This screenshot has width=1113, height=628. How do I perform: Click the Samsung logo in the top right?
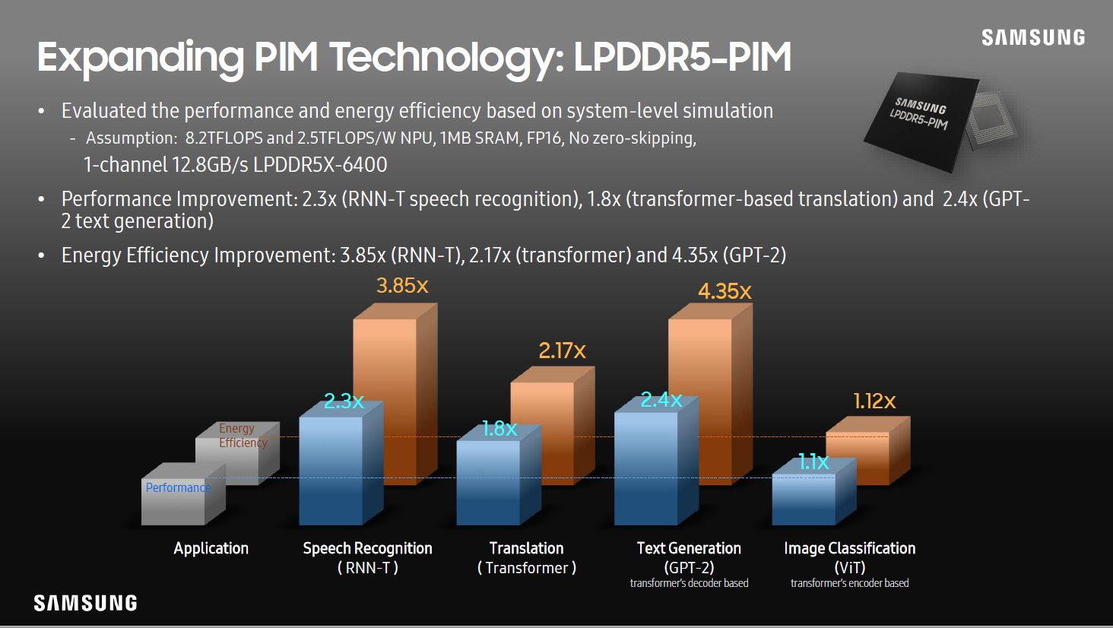click(1032, 37)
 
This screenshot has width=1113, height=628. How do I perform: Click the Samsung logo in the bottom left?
click(85, 603)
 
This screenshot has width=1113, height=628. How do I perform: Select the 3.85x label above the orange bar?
click(402, 286)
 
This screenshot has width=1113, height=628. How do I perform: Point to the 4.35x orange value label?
click(725, 291)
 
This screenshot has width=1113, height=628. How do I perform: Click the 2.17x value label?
click(562, 350)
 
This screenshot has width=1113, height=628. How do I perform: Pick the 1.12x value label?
click(874, 401)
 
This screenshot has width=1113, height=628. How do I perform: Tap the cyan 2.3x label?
click(344, 401)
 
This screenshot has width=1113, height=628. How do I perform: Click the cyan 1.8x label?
click(499, 429)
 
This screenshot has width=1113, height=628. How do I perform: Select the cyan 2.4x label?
click(661, 400)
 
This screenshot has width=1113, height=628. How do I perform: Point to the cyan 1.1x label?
click(813, 461)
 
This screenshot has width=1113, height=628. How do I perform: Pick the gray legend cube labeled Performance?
click(173, 502)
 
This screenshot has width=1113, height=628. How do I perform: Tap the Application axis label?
click(211, 548)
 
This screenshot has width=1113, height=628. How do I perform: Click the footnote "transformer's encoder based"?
click(849, 583)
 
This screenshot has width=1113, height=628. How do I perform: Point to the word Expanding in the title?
click(140, 58)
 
